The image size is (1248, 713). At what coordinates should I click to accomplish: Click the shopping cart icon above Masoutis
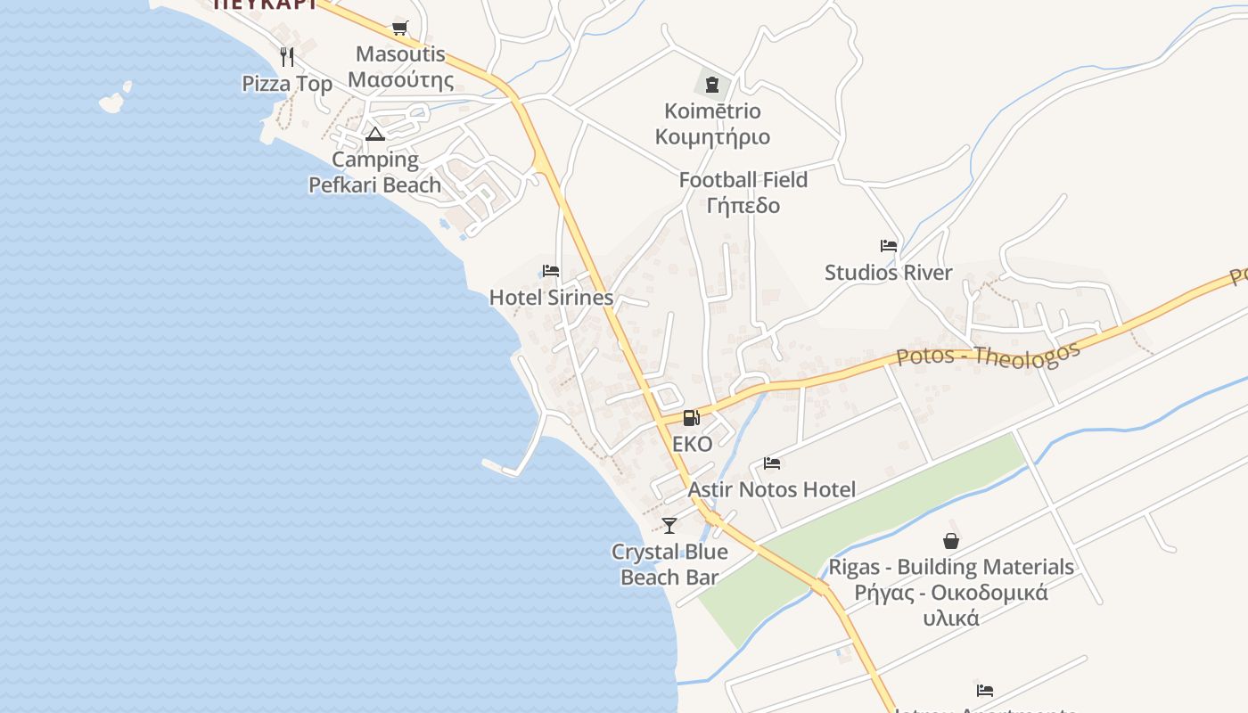399,28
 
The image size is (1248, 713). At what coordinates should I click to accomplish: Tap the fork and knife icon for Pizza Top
287,57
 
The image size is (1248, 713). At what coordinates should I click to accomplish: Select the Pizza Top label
287,84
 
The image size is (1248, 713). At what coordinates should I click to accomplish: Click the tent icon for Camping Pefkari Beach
374,135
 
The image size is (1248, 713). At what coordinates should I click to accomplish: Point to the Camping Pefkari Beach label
374,172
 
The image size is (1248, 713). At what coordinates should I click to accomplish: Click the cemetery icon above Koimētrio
711,85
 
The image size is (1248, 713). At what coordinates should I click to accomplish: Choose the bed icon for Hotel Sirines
551,271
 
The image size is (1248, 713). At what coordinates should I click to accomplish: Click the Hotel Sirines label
551,298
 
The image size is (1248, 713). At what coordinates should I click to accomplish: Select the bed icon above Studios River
888,246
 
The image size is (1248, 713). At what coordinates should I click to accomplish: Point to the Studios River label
888,273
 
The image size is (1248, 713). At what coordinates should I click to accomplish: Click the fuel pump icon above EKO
691,417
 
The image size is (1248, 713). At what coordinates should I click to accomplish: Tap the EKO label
693,444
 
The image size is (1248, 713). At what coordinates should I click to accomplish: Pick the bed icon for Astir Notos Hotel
772,463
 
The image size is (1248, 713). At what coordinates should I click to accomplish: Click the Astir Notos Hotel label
771,489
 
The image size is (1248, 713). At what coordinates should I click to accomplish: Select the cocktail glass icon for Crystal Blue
669,526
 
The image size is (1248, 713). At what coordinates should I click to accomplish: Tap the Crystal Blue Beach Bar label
669,564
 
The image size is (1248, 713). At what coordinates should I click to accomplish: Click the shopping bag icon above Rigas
951,540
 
